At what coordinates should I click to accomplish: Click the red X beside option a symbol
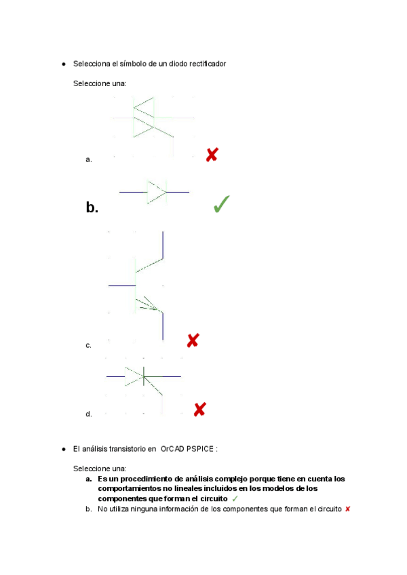(x=212, y=155)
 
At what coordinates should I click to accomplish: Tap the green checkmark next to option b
(x=221, y=204)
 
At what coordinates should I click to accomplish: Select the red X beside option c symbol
(x=193, y=340)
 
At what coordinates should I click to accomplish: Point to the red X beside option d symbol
(x=199, y=410)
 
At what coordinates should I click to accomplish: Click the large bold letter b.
(x=92, y=207)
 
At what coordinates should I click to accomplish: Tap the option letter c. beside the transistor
(x=88, y=346)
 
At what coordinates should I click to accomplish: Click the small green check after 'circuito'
(x=235, y=498)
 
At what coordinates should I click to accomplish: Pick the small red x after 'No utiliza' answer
(x=347, y=509)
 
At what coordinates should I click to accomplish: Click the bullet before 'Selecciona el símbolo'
(x=63, y=64)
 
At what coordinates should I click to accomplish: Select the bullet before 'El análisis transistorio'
(x=63, y=449)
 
